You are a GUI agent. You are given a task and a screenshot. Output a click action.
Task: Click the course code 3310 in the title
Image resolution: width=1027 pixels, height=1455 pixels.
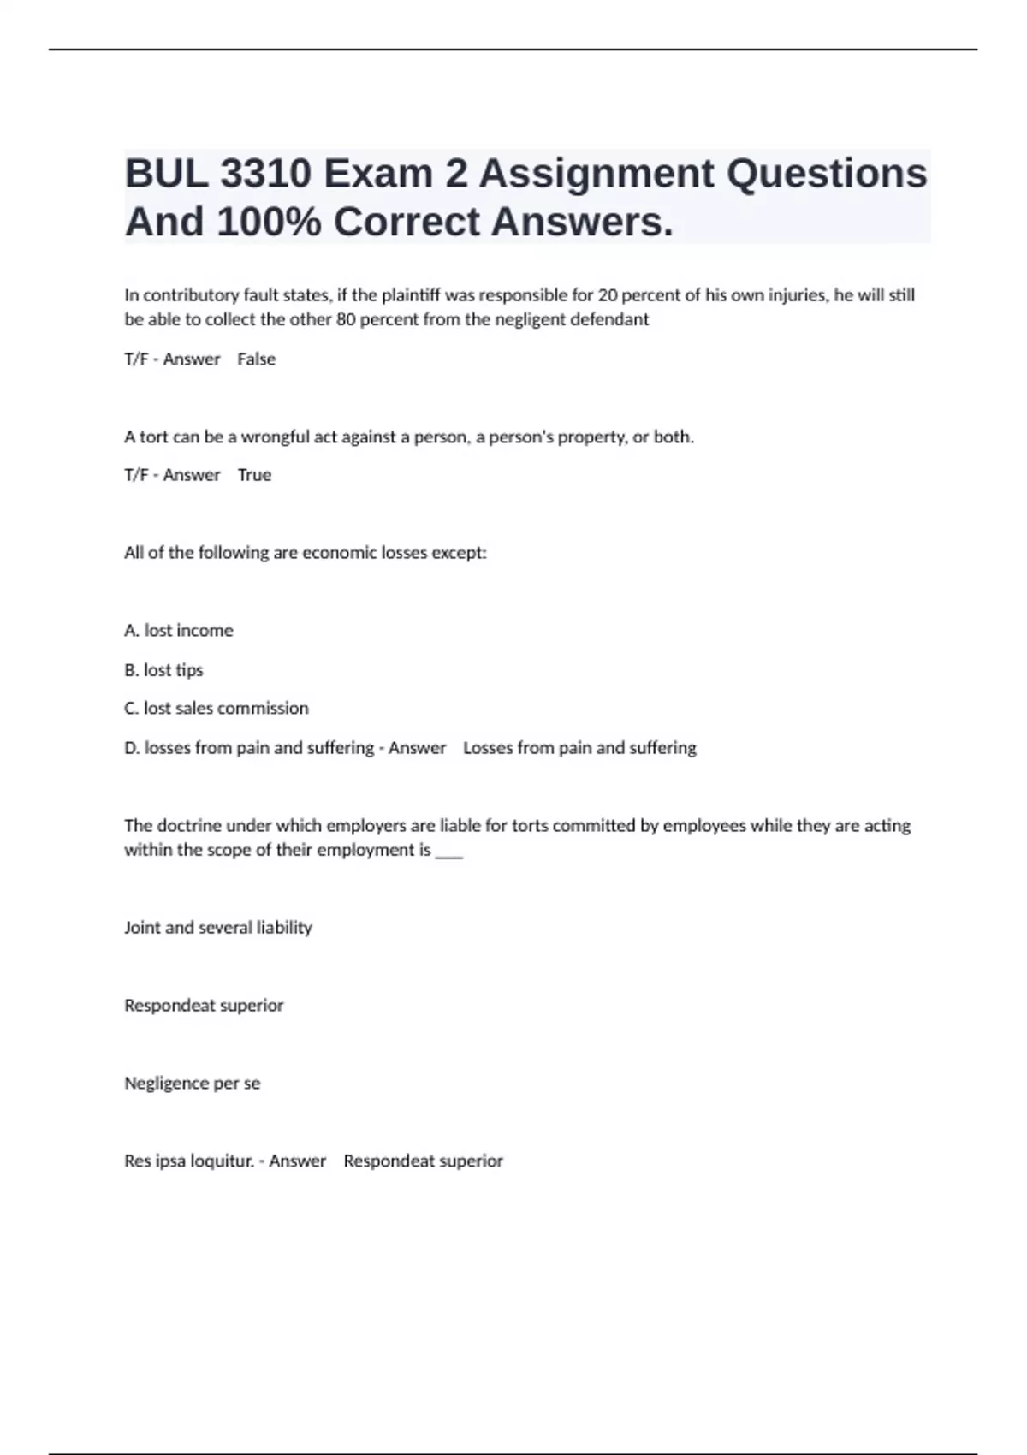265,174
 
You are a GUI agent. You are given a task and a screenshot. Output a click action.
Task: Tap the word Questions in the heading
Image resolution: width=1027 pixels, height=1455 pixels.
827,174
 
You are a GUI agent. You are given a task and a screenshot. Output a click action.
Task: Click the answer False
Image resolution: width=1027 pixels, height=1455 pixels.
257,359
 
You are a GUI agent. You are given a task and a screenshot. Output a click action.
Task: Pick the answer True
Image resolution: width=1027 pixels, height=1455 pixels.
254,475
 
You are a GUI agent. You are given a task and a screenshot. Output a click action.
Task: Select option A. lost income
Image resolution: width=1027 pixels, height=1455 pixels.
179,631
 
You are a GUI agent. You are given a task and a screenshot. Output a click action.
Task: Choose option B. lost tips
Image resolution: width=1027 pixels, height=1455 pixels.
163,670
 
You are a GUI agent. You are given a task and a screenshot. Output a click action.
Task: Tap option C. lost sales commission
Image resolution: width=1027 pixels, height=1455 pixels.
217,709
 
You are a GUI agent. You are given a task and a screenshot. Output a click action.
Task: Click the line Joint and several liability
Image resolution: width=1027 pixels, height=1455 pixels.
218,928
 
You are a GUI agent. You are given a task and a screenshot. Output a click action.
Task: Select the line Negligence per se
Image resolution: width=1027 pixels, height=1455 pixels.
193,1084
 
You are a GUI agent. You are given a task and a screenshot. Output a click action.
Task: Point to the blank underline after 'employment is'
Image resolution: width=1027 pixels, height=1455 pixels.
449,852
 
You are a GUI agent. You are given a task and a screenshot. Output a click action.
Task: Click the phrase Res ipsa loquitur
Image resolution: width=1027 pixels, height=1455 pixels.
188,1161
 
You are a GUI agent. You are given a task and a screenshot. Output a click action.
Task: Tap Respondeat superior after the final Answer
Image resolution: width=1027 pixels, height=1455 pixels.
423,1161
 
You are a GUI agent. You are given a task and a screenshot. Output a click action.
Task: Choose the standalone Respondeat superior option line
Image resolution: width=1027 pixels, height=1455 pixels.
204,1006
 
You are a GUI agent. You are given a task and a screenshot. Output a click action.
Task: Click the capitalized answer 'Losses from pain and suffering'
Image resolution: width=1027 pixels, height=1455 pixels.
579,748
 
